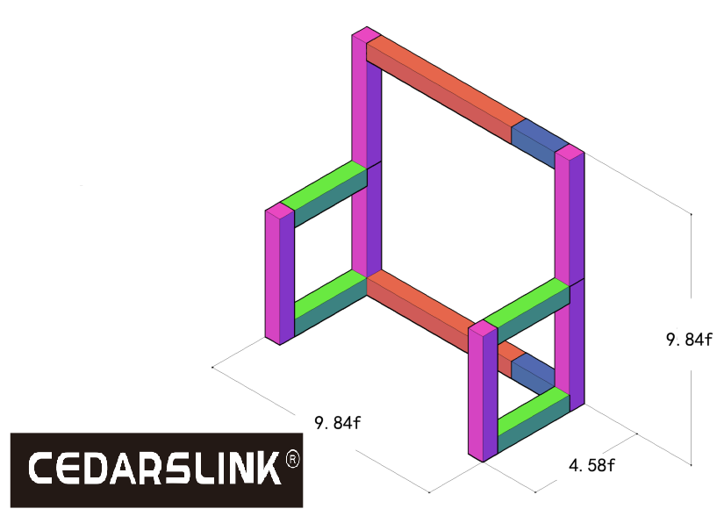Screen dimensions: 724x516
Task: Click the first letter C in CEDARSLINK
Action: (41, 468)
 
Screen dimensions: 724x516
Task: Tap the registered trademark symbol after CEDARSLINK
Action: (293, 459)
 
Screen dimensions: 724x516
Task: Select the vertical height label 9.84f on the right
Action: (689, 340)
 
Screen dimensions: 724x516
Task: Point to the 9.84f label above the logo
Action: (338, 422)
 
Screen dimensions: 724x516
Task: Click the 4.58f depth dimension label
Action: (591, 465)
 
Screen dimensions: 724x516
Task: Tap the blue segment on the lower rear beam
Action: (533, 372)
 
